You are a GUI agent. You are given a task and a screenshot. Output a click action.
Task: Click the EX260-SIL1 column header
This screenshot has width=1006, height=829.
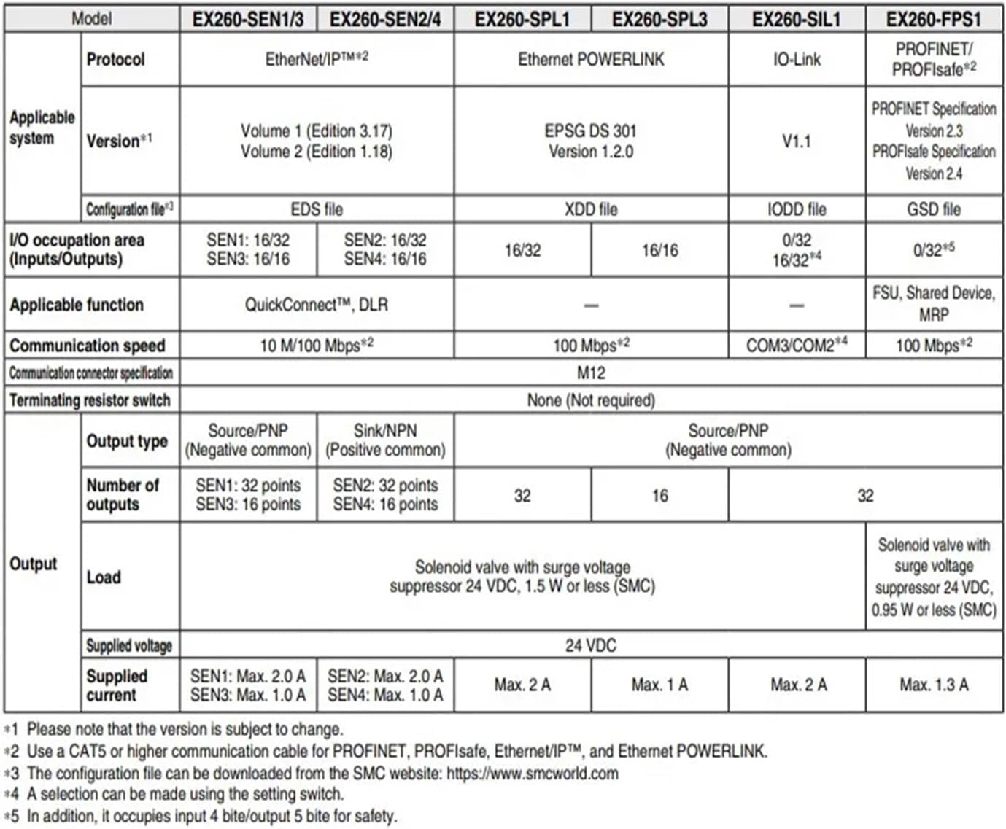pyautogui.click(x=796, y=20)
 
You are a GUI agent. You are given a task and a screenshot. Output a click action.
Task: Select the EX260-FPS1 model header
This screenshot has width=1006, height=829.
pyautogui.click(x=934, y=20)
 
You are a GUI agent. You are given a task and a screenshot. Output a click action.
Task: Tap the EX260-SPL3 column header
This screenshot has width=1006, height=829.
pyautogui.click(x=659, y=20)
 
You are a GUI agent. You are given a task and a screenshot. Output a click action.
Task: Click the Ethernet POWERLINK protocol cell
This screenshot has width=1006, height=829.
pyautogui.click(x=591, y=60)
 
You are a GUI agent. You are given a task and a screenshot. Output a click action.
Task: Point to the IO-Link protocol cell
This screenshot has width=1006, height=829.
pyautogui.click(x=797, y=60)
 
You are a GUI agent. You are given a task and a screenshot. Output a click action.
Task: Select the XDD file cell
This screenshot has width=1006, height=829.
pyautogui.click(x=591, y=210)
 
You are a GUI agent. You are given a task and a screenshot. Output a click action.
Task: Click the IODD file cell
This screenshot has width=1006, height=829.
pyautogui.click(x=797, y=210)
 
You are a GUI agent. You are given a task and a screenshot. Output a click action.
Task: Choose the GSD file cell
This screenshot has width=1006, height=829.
pyautogui.click(x=934, y=210)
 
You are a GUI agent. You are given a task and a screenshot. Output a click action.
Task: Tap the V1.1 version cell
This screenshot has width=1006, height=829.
pyautogui.click(x=797, y=141)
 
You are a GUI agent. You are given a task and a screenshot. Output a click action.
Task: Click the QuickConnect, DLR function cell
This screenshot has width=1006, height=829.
pyautogui.click(x=317, y=305)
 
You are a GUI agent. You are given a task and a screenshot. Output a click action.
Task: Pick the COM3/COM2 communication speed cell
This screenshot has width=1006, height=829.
pyautogui.click(x=797, y=346)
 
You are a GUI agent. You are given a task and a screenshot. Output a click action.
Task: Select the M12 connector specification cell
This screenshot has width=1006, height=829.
pyautogui.click(x=591, y=373)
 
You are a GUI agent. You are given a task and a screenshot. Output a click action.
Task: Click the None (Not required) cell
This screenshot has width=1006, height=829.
pyautogui.click(x=591, y=400)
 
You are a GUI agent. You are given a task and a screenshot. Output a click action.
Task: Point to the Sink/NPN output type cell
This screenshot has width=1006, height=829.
pyautogui.click(x=385, y=440)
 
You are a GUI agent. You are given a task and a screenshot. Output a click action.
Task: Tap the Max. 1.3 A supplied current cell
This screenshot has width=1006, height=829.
pyautogui.click(x=934, y=685)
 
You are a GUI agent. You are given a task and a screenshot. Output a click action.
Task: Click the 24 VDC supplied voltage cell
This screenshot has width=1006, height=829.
pyautogui.click(x=591, y=645)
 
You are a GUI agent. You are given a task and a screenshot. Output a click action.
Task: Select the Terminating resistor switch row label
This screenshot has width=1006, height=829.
pyautogui.click(x=90, y=400)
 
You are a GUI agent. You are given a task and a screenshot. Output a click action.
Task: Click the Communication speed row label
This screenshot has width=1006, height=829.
pyautogui.click(x=88, y=346)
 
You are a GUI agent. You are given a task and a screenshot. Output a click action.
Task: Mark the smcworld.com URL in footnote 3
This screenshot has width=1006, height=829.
pyautogui.click(x=533, y=774)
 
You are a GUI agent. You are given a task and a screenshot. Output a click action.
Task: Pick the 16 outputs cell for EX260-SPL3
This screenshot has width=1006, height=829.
pyautogui.click(x=659, y=496)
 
